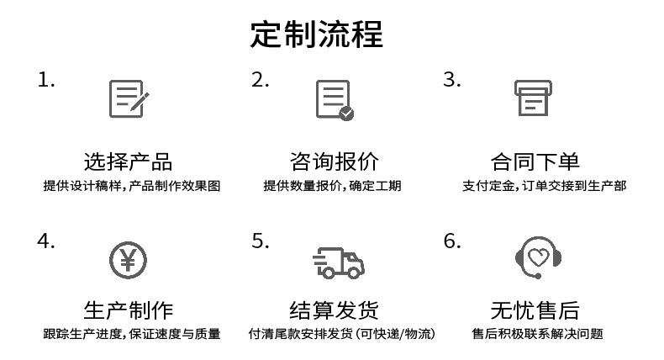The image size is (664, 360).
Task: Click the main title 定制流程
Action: (317, 35)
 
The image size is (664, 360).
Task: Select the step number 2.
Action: (260, 81)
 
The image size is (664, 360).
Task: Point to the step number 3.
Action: (452, 81)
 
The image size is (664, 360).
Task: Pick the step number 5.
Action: (260, 241)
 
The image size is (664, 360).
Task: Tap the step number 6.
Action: (452, 241)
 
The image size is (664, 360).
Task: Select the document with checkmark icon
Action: (334, 100)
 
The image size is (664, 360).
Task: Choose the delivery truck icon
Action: (337, 262)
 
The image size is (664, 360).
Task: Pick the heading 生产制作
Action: (129, 310)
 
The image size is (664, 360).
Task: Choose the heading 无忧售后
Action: (535, 310)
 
